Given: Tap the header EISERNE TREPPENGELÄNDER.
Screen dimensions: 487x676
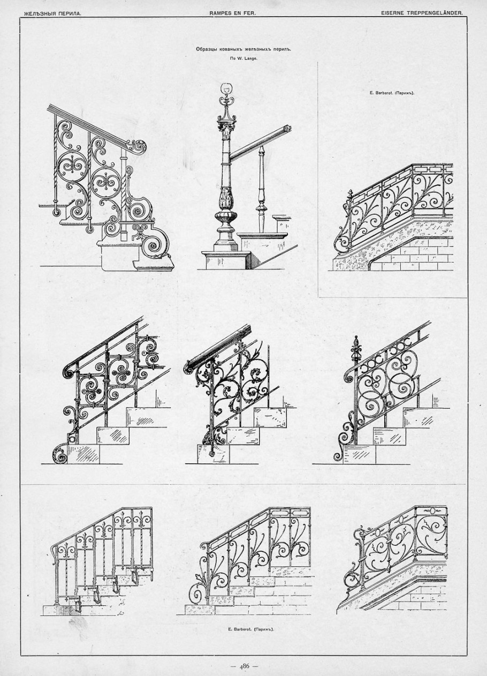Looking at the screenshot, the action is click(422, 13).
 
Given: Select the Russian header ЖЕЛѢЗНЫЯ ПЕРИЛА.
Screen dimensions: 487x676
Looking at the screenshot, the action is click(53, 13).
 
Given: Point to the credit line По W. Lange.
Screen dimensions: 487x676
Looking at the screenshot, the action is click(243, 59).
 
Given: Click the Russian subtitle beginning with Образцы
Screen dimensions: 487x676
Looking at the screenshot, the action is click(243, 50).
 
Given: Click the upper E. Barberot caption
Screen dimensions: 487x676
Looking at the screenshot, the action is click(392, 93).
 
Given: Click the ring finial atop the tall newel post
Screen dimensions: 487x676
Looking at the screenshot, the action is click(226, 88).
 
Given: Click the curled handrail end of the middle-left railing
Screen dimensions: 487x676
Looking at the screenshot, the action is click(69, 372).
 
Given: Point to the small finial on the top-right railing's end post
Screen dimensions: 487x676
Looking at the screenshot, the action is click(351, 194).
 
